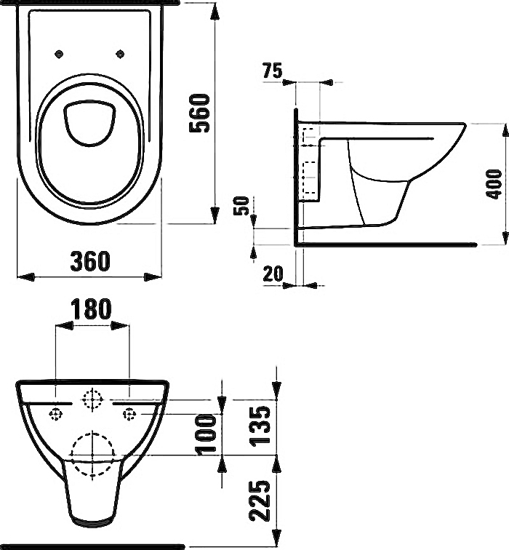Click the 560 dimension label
point(199,113)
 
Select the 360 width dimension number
point(90,261)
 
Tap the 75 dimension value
point(273,71)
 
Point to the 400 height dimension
point(494,184)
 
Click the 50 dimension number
point(241,206)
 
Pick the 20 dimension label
point(273,274)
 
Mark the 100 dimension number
point(206,434)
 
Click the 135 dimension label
point(260,426)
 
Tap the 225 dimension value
point(260,501)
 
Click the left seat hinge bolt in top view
point(59,54)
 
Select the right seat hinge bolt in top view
point(121,54)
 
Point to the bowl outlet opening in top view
point(89,123)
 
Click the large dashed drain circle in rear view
point(92,455)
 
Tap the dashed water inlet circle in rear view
point(92,399)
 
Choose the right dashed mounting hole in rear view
point(129,414)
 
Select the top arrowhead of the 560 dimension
point(215,14)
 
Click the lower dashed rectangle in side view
point(308,177)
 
